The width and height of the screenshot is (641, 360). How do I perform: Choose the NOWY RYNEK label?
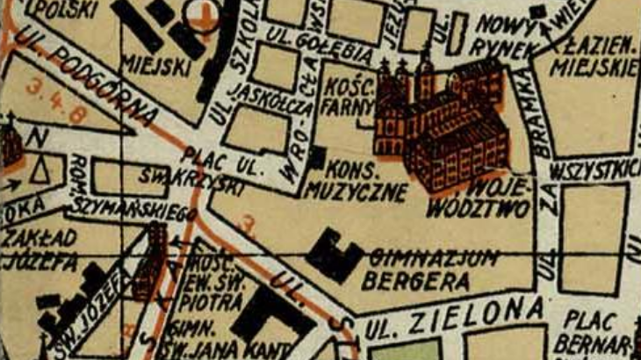point(501,37)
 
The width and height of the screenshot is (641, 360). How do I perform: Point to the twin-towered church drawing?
point(401,105)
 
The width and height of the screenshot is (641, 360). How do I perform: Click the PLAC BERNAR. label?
point(597,330)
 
